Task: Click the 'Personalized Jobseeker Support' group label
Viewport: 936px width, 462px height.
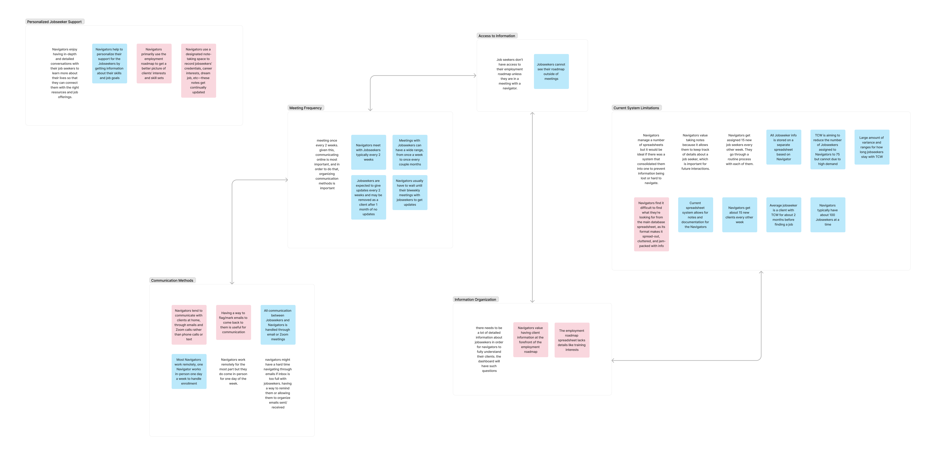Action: [55, 22]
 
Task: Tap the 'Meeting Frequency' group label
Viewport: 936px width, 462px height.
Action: [306, 108]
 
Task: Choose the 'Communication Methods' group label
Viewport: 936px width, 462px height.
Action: [172, 280]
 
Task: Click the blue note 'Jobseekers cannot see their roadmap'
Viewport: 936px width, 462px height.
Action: [551, 72]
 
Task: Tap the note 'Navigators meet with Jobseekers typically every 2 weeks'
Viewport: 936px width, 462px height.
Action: [368, 152]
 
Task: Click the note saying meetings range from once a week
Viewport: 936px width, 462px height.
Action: [410, 152]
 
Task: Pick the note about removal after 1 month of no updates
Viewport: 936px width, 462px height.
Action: [368, 197]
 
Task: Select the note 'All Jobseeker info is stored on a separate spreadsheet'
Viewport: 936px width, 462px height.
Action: [784, 147]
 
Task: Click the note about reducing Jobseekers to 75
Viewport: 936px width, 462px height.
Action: [828, 149]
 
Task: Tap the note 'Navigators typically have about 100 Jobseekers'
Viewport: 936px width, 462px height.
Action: [828, 215]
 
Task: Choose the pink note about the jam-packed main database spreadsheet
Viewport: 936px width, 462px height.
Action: [651, 224]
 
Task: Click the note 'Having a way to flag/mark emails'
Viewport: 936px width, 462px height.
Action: [234, 323]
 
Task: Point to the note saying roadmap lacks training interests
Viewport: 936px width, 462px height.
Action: [572, 340]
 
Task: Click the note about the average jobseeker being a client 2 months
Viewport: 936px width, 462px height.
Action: [784, 215]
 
